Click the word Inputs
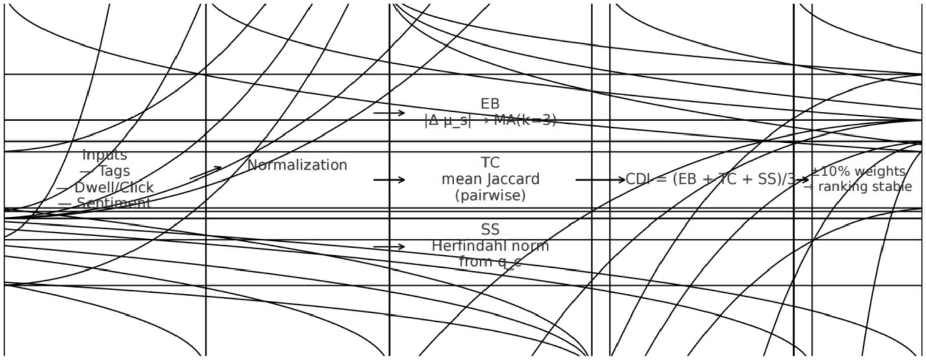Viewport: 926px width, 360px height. pyautogui.click(x=105, y=155)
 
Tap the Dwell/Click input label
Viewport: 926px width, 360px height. pyautogui.click(x=105, y=187)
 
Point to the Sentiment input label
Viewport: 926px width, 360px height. pyautogui.click(x=105, y=203)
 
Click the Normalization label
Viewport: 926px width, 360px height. pyautogui.click(x=297, y=165)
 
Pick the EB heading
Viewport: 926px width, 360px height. pyautogui.click(x=490, y=104)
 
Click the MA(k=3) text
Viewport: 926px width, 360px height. pyautogui.click(x=525, y=120)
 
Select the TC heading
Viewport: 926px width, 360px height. pyautogui.click(x=490, y=163)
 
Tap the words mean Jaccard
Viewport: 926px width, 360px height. pyautogui.click(x=490, y=179)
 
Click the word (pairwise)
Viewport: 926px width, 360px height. pyautogui.click(x=490, y=195)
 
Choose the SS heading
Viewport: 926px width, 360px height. pyautogui.click(x=490, y=230)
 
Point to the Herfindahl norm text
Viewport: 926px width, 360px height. pyautogui.click(x=490, y=246)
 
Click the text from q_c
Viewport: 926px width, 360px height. pyautogui.click(x=490, y=262)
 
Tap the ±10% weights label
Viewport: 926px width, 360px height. pyautogui.click(x=859, y=171)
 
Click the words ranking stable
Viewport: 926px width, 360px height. pyautogui.click(x=865, y=187)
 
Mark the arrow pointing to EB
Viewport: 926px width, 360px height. pyautogui.click(x=389, y=113)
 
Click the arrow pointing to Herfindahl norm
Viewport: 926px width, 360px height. pyautogui.click(x=389, y=247)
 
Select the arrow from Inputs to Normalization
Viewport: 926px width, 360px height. pyautogui.click(x=205, y=173)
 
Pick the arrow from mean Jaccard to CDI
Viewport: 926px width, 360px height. pyautogui.click(x=600, y=179)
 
